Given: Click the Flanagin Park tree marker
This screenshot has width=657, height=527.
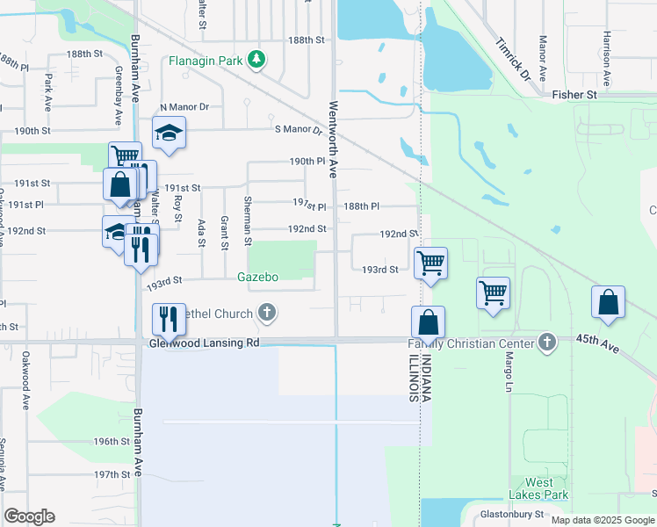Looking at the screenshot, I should click(256, 60).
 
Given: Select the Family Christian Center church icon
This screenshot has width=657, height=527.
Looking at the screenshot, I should click(547, 342).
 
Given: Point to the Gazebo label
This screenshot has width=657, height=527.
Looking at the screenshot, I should click(258, 277).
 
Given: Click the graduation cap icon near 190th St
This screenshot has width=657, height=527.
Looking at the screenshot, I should click(169, 133).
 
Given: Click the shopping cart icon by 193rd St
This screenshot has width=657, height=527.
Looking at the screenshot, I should click(430, 262).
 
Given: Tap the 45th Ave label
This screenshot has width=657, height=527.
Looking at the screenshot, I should click(597, 343).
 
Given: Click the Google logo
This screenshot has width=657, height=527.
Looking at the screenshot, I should click(29, 516).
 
